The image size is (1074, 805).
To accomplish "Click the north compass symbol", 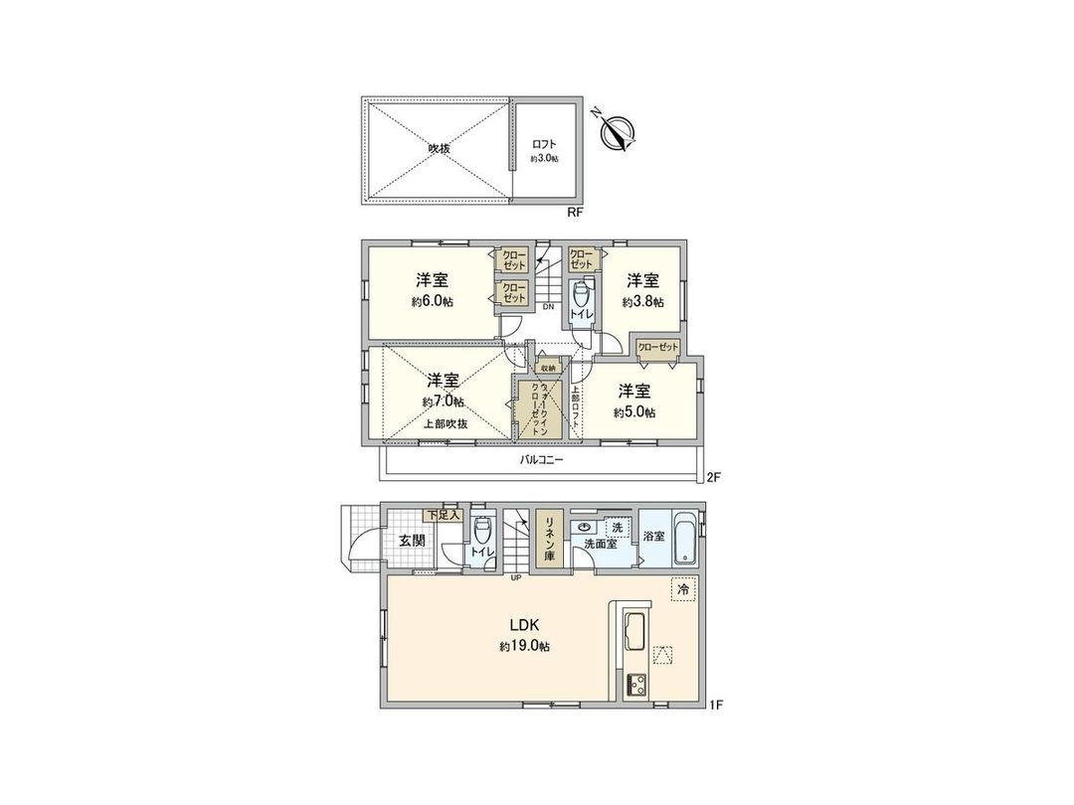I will [x=618, y=133].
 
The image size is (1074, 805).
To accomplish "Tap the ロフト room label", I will [x=544, y=144].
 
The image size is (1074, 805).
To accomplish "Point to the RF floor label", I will [x=574, y=212].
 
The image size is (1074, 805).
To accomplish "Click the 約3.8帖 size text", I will [x=642, y=302].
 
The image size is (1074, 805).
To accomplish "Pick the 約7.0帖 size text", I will [x=444, y=402].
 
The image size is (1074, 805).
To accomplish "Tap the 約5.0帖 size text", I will [x=635, y=411].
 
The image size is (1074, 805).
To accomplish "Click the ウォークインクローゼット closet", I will [x=542, y=404].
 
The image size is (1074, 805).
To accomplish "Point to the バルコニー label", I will [x=542, y=460].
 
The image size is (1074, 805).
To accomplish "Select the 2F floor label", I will [x=713, y=478].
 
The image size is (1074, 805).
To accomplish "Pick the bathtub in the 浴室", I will [x=687, y=540].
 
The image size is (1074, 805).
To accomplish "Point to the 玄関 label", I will [x=413, y=541].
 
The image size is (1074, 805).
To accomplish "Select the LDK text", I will [x=524, y=626].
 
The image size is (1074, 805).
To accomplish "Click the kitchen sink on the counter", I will [x=633, y=630].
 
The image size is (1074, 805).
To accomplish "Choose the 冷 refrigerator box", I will [x=682, y=589].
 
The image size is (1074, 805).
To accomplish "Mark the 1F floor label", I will [x=715, y=706].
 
